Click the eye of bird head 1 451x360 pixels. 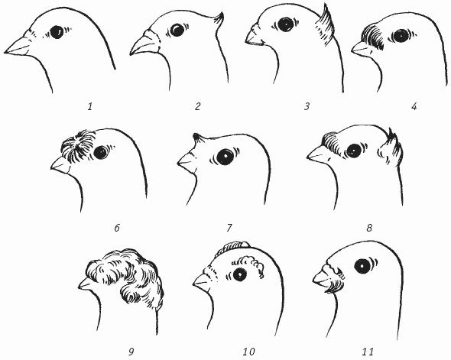point(57,32)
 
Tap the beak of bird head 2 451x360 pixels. point(143,45)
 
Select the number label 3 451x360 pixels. point(307,107)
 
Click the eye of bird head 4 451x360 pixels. point(399,36)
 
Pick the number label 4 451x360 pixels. point(414,107)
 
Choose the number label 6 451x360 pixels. point(117,228)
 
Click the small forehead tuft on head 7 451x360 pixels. point(197,137)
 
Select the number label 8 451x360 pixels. point(369,228)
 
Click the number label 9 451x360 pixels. point(131,352)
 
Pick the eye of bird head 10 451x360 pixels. point(239,274)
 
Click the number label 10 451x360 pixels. point(248,352)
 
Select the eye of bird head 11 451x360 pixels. point(362,266)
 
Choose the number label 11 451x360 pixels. point(368,352)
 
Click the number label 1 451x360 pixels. point(90,107)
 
